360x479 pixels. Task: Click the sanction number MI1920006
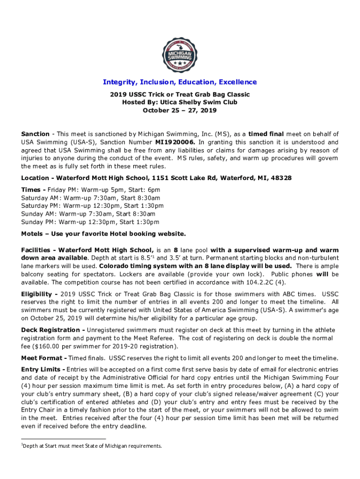(173, 142)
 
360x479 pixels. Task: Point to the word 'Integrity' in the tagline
(119, 82)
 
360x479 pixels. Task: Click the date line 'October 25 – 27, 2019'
(180, 111)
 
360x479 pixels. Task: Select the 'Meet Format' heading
(42, 358)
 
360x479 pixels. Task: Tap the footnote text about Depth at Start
(93, 446)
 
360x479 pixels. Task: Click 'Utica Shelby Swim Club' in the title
(198, 102)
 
